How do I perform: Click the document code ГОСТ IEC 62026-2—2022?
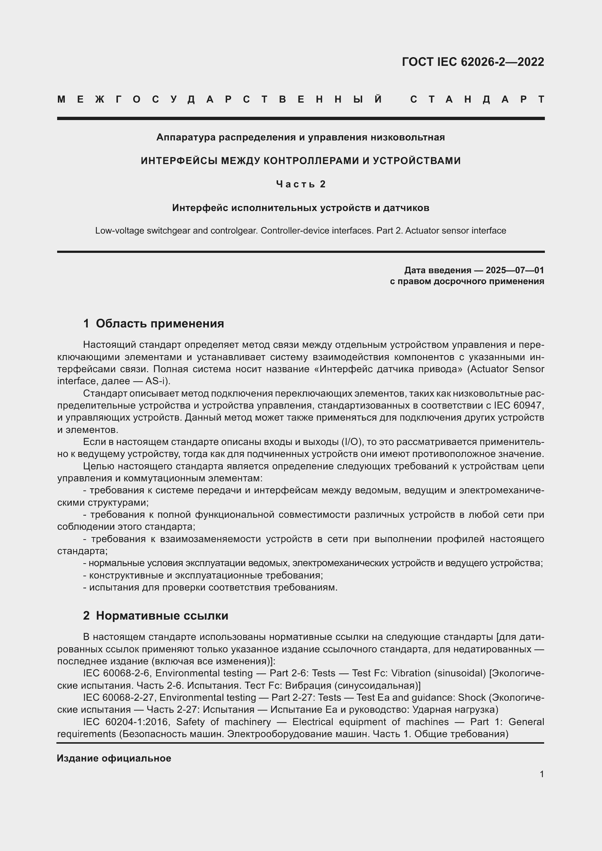click(473, 62)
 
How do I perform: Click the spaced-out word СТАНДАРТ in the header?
click(477, 99)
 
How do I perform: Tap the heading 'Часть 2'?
click(301, 184)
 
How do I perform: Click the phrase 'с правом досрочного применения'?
click(467, 281)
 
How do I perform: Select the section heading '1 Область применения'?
click(154, 323)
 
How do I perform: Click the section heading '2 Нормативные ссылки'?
click(155, 616)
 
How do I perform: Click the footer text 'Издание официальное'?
click(114, 758)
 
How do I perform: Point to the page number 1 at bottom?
click(542, 774)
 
